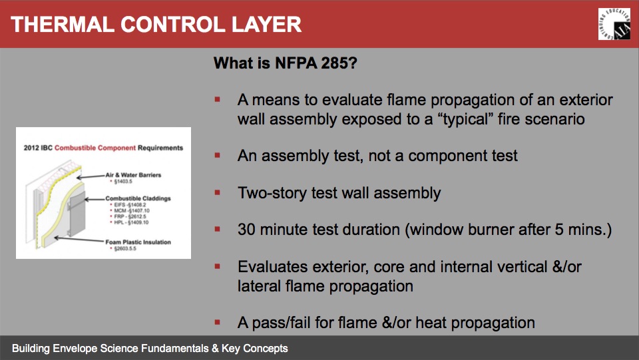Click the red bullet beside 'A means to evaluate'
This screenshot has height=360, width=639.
pyautogui.click(x=217, y=100)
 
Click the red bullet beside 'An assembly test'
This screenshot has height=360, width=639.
pyautogui.click(x=217, y=156)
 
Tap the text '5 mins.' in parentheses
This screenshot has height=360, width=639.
pyautogui.click(x=583, y=230)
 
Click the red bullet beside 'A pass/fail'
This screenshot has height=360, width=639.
pyautogui.click(x=217, y=323)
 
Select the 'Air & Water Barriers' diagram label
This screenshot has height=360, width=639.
pyautogui.click(x=132, y=176)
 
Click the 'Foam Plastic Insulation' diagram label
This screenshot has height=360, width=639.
pyautogui.click(x=138, y=242)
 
